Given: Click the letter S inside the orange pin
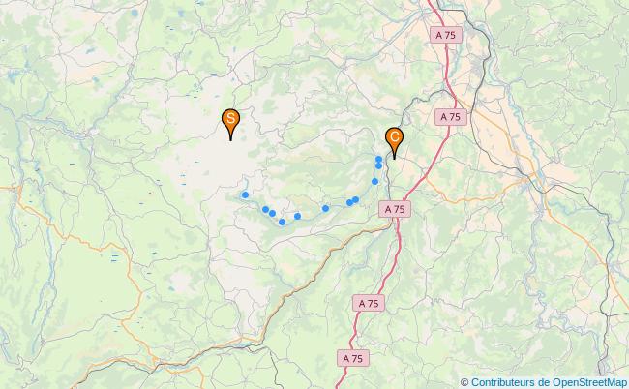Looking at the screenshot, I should [x=231, y=119].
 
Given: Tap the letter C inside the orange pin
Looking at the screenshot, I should [x=394, y=137].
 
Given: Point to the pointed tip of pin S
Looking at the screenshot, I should [x=231, y=140].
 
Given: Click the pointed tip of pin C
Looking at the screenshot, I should [x=394, y=159].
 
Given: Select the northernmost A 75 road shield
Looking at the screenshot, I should [x=446, y=34].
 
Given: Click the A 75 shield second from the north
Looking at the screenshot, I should [x=449, y=116].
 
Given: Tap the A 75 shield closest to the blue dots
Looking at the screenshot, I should [x=394, y=208].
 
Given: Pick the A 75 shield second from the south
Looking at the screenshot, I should [x=368, y=303].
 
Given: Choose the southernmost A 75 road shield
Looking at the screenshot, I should [x=353, y=358].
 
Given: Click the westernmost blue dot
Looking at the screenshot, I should [x=245, y=194].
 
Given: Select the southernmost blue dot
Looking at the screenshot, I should [x=282, y=223].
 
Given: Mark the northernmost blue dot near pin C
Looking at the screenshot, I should [x=378, y=158].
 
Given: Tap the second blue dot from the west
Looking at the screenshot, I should [x=265, y=209].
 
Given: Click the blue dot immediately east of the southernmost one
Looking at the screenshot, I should [x=297, y=216].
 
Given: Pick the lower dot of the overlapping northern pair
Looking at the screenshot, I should [x=378, y=165].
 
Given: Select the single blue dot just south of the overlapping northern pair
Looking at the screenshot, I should [x=374, y=181].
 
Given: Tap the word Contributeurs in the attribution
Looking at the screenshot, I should [x=507, y=381].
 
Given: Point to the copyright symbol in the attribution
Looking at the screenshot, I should [x=464, y=381].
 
